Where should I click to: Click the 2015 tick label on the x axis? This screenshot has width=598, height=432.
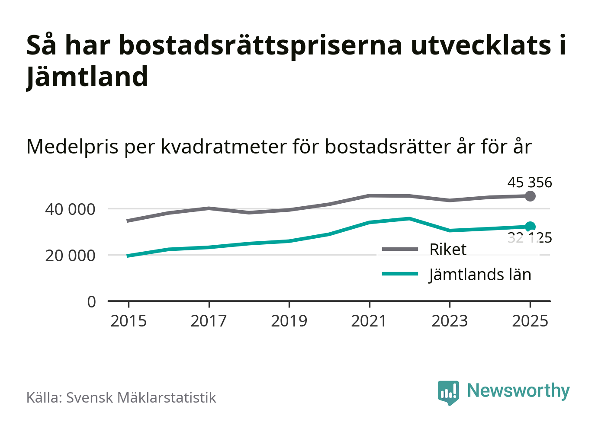point(129,321)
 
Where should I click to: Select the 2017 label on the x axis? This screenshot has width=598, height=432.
point(209,321)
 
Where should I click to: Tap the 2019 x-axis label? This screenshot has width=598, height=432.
point(289,321)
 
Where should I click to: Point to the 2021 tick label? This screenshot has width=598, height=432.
point(369,321)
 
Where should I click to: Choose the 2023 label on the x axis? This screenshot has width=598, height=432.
point(450,321)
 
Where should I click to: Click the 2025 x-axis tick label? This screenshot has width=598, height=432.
point(530,321)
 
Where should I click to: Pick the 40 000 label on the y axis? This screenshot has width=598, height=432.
point(70,209)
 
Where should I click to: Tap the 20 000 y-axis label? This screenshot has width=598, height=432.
point(70,256)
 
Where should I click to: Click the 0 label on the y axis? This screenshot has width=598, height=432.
point(91,301)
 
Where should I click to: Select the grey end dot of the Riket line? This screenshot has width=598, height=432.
point(530,196)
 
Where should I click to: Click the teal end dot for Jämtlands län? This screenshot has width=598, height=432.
point(530,227)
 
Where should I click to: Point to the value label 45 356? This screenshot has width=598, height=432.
point(530,182)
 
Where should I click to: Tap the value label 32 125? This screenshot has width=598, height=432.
point(530,238)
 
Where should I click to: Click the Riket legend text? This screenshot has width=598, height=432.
point(448,250)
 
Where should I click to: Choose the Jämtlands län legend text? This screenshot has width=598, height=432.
point(480,275)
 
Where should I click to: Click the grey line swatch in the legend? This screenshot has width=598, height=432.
point(400,249)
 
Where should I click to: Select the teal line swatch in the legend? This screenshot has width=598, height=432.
point(400,274)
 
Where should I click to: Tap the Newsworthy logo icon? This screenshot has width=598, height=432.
point(448,392)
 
